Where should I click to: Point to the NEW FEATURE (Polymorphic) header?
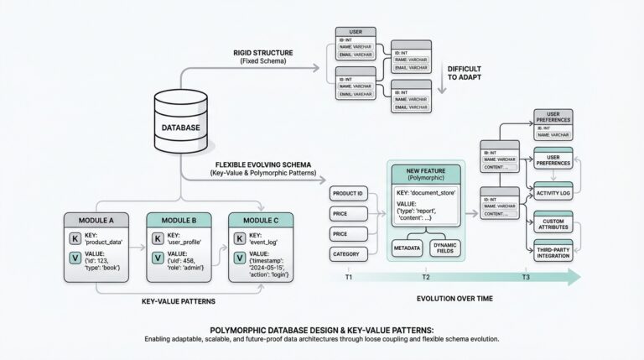pos(426,175)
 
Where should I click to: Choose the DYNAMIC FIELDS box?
pos(446,248)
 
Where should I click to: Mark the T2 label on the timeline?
pos(425,277)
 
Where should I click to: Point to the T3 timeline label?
pos(525,277)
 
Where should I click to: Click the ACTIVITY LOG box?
pos(553,192)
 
